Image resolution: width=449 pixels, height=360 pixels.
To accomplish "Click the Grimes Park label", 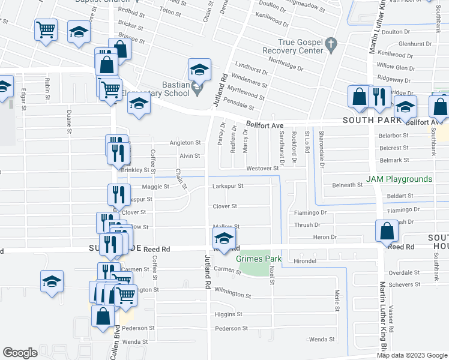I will pos(259,259).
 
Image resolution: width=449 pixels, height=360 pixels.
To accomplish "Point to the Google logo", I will pos(20,353).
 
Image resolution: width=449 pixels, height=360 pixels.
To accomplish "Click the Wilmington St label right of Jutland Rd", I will pos(232,294).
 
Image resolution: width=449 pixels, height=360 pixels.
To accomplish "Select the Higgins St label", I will pos(228,314).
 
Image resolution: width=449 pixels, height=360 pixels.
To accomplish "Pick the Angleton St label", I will pos(185,143).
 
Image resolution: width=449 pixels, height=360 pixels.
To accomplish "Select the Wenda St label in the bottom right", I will pos(322,339).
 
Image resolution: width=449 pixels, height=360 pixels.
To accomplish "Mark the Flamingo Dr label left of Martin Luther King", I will pos(310,212).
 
